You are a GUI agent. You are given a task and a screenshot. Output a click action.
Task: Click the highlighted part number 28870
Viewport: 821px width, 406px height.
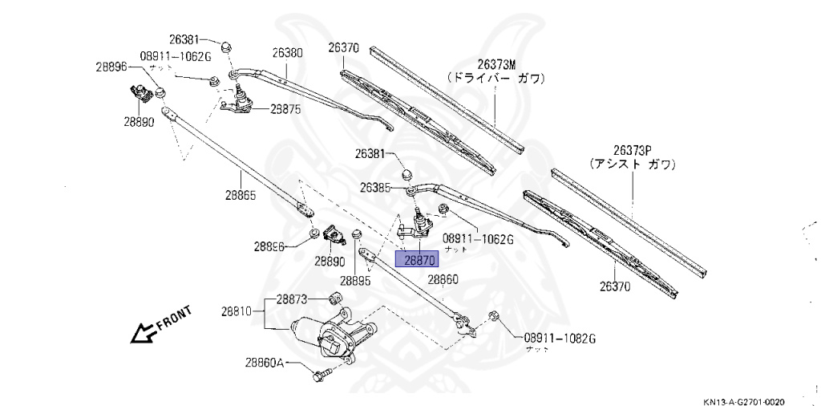coord(419,260)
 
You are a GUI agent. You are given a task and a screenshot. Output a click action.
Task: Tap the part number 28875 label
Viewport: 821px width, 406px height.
coord(285,109)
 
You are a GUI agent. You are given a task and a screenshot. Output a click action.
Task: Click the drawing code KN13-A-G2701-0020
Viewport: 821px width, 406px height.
coord(744,400)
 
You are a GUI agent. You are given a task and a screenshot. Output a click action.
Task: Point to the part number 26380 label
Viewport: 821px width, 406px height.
coord(286,53)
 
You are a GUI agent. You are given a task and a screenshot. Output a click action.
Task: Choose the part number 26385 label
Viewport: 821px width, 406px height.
coord(376,188)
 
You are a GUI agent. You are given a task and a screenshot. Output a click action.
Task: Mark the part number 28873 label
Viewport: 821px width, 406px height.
coord(292,299)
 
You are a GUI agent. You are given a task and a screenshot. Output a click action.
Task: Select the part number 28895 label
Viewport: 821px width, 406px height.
coord(355,281)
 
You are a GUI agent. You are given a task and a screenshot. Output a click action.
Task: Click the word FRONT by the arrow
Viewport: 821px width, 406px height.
coord(173,318)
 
